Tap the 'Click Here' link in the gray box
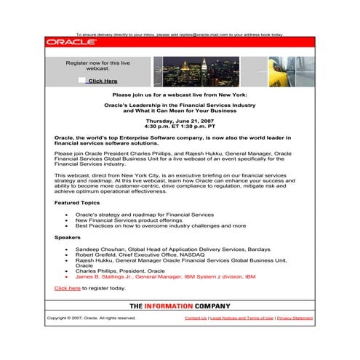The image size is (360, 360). point(103,81)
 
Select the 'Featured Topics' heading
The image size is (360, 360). point(77,203)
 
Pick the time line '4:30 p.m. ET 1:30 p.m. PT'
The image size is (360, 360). point(180,127)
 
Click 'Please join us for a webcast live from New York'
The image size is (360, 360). point(180,95)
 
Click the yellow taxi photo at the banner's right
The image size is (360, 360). point(298,71)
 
